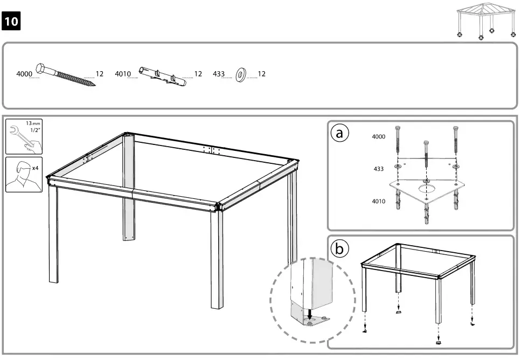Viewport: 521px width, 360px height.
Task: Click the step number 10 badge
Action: pos(12,22)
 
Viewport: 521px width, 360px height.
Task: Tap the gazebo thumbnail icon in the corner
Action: pos(486,21)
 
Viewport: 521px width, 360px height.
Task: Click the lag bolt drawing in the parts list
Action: pos(66,74)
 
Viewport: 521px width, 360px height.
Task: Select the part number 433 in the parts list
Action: pos(219,74)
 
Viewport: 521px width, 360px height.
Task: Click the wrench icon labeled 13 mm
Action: pos(23,136)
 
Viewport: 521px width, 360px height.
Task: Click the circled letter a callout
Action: pos(339,134)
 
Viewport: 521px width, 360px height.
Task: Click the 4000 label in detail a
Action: pos(379,137)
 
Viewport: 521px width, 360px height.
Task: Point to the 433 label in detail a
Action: pos(379,169)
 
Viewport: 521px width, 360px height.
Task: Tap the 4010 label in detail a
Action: pos(379,202)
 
